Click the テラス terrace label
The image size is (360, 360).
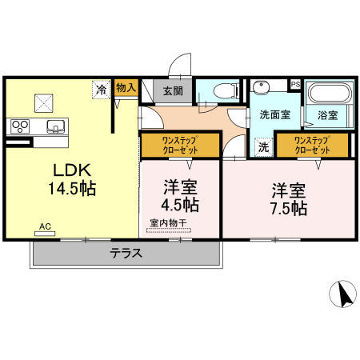point(126,254)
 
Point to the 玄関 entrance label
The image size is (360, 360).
point(173,91)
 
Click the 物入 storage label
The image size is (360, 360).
point(126,87)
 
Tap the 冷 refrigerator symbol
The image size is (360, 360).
point(102,90)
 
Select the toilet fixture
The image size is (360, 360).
point(221,91)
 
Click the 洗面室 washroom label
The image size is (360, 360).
point(274,114)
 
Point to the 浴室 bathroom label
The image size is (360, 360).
point(326,114)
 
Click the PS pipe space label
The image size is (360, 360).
point(294,83)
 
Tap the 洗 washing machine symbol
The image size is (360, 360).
point(263,146)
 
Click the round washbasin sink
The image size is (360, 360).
point(261,88)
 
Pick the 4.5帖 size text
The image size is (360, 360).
point(181,204)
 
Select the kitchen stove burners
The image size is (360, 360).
point(19,125)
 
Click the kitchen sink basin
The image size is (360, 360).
point(55,126)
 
